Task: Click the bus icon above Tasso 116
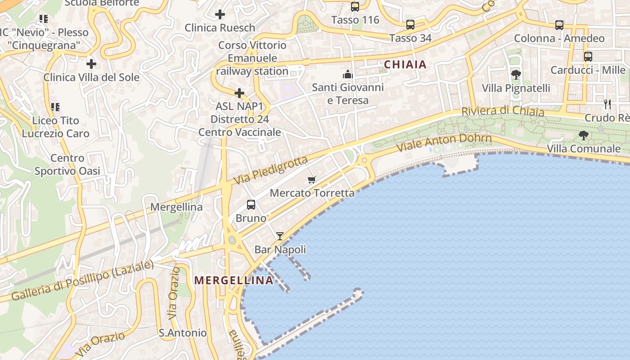click(x=355, y=7)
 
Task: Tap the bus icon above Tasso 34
click(x=410, y=25)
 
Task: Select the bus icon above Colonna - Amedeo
click(x=559, y=25)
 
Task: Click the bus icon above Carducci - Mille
click(x=588, y=57)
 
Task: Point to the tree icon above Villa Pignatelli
click(x=516, y=75)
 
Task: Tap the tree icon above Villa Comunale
click(x=584, y=135)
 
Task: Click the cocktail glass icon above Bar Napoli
click(x=280, y=236)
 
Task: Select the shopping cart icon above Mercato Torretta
click(x=312, y=180)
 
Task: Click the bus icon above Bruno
click(x=251, y=205)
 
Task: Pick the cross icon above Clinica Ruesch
click(x=220, y=14)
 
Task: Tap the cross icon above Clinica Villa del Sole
click(x=91, y=63)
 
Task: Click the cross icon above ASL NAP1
click(x=239, y=93)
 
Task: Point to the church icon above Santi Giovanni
click(x=348, y=74)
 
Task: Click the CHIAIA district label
click(x=405, y=65)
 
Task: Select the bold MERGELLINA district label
click(x=234, y=280)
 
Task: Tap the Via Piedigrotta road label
click(x=271, y=170)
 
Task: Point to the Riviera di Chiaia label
click(x=503, y=111)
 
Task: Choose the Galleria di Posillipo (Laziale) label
click(x=82, y=281)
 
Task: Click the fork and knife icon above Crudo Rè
click(x=607, y=104)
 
